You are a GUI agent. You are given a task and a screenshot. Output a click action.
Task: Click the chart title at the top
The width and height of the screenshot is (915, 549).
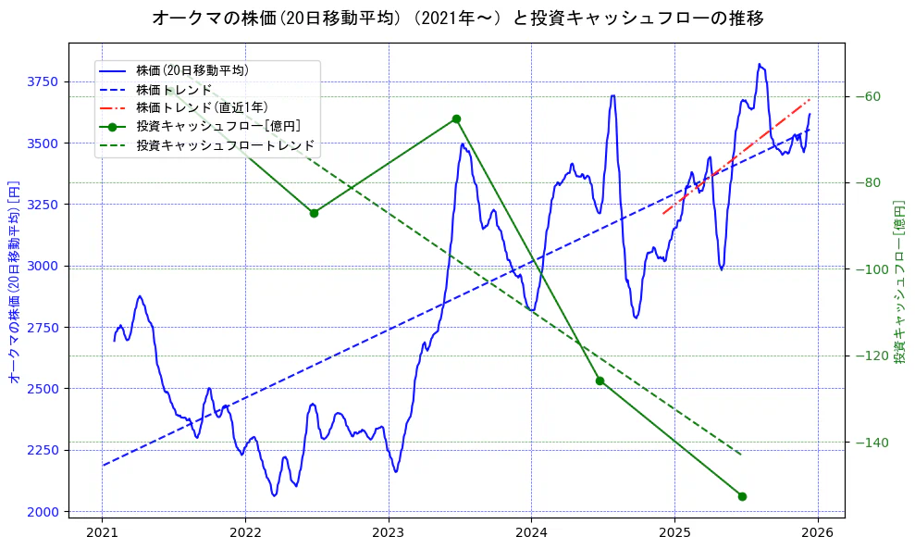click(457, 18)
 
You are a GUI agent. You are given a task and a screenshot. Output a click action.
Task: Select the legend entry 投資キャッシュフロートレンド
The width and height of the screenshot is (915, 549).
click(225, 146)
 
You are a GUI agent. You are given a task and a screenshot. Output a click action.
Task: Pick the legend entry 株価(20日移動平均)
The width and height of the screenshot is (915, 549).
click(192, 69)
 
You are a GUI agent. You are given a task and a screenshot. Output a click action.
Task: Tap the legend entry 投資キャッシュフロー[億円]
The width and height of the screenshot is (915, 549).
click(217, 127)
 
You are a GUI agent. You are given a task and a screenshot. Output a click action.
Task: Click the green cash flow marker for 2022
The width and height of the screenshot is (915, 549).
click(314, 213)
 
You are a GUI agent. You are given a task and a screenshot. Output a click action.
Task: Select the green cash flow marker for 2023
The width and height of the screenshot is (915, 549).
click(456, 119)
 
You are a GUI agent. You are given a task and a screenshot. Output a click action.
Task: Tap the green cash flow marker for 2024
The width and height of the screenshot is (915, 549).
click(600, 381)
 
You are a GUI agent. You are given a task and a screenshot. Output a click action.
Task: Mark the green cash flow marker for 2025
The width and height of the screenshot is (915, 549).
click(742, 496)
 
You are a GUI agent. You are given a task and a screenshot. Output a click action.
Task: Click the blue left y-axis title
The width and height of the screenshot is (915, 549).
click(14, 281)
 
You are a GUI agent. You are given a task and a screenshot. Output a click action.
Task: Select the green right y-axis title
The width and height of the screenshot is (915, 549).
click(898, 281)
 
